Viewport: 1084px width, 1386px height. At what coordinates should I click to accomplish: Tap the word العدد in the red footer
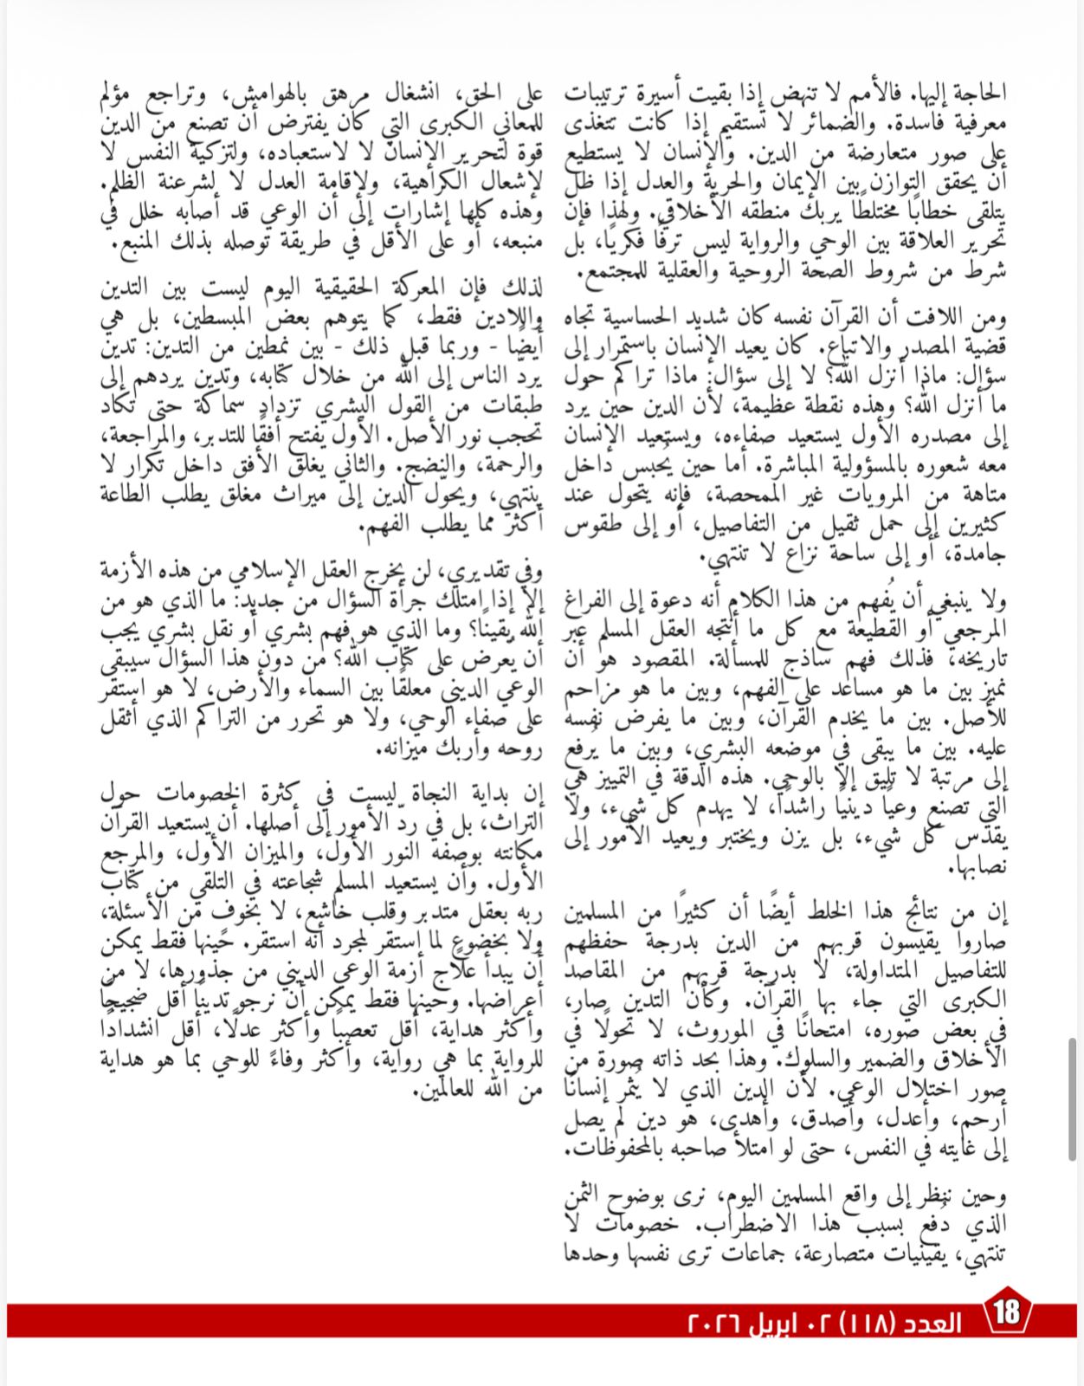click(x=931, y=1324)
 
